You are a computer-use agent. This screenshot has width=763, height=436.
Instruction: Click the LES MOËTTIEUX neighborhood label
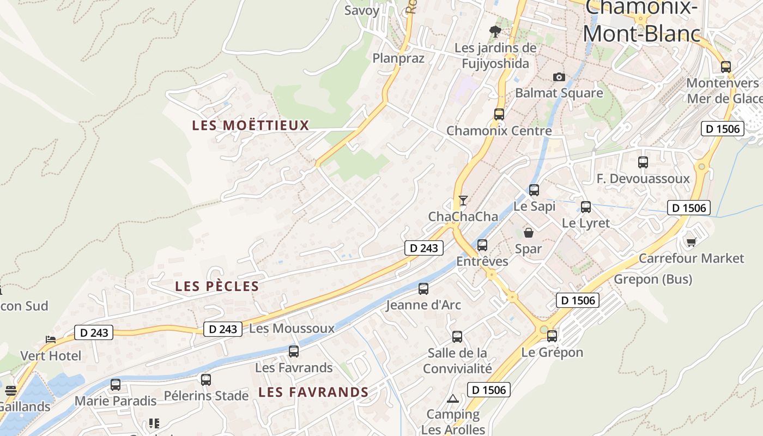[x=250, y=125]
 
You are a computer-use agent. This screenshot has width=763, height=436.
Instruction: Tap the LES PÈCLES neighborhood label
[x=217, y=286]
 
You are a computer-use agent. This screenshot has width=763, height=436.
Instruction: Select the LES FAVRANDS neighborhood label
[x=313, y=392]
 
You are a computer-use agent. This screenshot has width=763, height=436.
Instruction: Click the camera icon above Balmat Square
[x=559, y=77]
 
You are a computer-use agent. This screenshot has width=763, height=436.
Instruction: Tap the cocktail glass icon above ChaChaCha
[x=463, y=201]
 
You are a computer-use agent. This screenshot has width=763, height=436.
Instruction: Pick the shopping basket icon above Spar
[x=528, y=233]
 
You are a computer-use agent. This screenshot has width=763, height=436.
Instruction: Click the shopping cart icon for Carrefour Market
[x=691, y=242]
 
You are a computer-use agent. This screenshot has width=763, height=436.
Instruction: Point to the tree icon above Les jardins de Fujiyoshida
[x=495, y=31]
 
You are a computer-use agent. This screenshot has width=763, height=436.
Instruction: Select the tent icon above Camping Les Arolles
[x=452, y=398]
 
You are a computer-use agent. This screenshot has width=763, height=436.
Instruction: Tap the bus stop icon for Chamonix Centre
[x=499, y=114]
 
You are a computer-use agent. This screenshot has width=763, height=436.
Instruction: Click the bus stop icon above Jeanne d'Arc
[x=423, y=289]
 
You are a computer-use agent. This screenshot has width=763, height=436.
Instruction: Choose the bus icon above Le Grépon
[x=552, y=336]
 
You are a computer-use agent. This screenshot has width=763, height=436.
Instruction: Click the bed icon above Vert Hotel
[x=51, y=340]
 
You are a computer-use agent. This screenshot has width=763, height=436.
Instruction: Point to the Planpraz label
[x=398, y=58]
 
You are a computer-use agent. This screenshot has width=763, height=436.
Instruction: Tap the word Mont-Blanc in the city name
[x=641, y=34]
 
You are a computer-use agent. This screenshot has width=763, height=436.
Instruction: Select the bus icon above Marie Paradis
[x=116, y=385]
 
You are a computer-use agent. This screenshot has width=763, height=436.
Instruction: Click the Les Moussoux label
[x=292, y=329]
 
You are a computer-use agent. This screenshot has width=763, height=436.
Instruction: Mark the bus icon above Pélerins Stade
[x=205, y=379]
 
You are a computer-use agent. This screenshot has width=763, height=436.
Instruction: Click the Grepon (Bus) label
[x=653, y=280]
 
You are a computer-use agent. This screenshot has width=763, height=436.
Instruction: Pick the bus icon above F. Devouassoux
[x=643, y=162]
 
